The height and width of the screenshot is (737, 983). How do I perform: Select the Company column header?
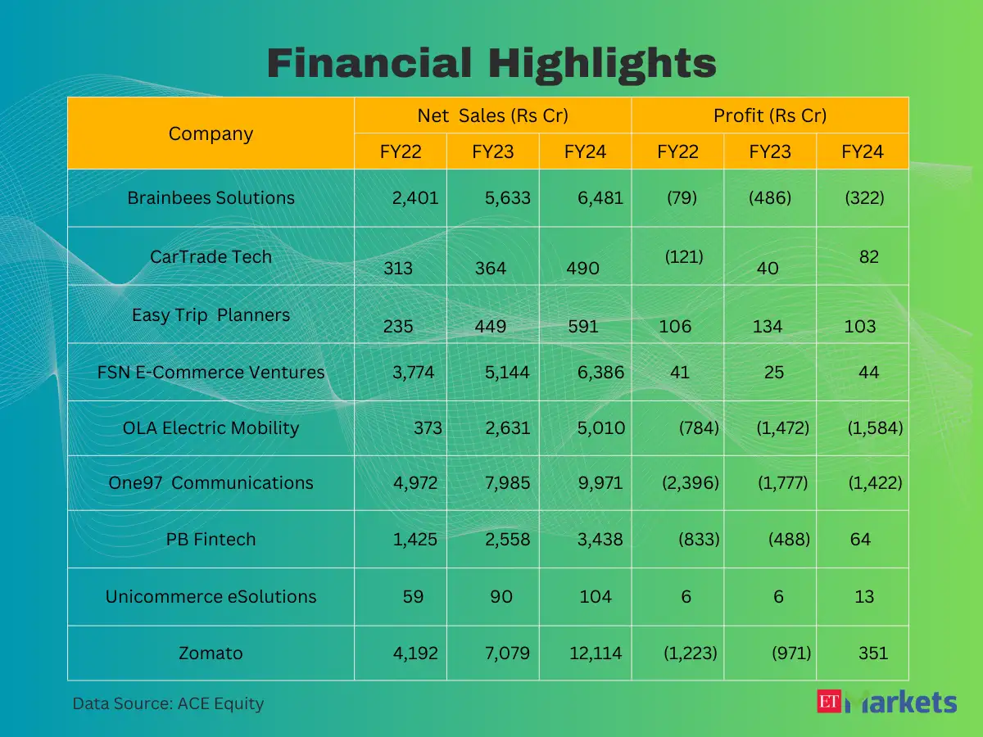211,133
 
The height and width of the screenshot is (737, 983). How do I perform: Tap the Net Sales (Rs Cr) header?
492,115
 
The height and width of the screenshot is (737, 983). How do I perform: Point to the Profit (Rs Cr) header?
770,115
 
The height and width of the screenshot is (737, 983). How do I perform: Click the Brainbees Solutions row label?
211,198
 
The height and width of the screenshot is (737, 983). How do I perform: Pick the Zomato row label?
211,653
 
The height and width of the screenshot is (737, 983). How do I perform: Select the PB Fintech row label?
211,540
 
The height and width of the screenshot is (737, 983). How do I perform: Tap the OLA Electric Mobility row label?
211,427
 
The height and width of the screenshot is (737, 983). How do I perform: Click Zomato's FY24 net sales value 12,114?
596,653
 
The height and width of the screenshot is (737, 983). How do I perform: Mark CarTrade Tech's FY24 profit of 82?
869,257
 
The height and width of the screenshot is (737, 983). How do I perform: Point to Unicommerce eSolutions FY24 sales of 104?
596,597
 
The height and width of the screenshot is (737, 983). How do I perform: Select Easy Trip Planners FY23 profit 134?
768,327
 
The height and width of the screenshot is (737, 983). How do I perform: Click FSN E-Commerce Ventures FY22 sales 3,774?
414,373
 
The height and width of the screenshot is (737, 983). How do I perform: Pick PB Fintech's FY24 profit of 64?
860,540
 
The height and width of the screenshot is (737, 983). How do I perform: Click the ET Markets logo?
886,702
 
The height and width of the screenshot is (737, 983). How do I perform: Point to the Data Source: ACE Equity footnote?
168,703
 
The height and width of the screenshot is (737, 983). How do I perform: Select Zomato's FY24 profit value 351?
873,653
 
